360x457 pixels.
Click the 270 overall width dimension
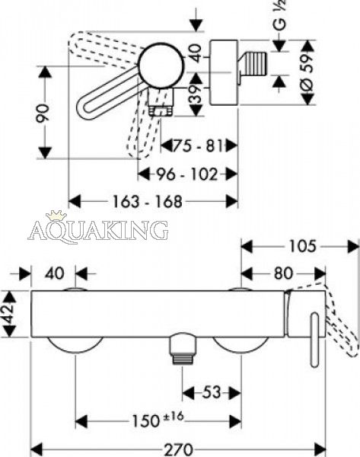point(179,449)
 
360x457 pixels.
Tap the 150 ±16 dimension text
point(158,419)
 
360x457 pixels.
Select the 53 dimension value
point(212,392)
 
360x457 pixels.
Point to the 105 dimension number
point(302,246)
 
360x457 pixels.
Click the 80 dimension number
point(283,273)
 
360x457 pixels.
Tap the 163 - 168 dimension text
point(148,201)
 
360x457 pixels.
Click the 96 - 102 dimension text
point(187,174)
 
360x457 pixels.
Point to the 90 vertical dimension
point(43,113)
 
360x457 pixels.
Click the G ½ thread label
point(280,14)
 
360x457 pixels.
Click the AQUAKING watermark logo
point(98,230)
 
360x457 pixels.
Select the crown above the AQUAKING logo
point(56,215)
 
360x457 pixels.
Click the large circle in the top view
point(161,66)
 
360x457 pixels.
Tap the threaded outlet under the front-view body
point(183,349)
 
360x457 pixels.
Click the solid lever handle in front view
point(314,340)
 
